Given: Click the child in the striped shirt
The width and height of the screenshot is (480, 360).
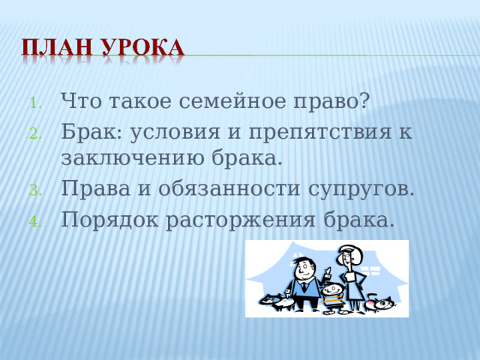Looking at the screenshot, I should coord(331,295).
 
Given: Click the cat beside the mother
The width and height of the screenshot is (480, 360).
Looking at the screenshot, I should coord(380,303).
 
